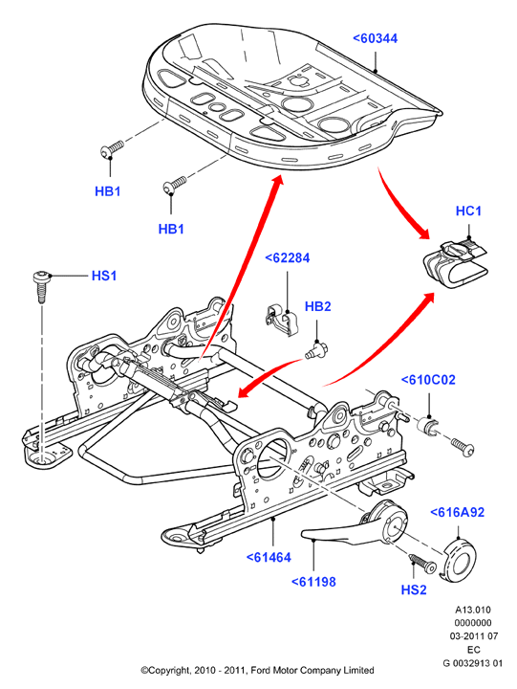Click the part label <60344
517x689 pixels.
[x=376, y=38]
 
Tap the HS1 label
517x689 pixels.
[x=104, y=276]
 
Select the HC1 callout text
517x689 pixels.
[x=468, y=211]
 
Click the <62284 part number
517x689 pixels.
[x=288, y=258]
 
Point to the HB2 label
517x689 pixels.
[x=317, y=307]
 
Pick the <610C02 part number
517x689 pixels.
[x=428, y=380]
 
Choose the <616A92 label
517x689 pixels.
[x=458, y=512]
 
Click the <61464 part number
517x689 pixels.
[x=269, y=558]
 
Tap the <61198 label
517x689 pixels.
[x=313, y=582]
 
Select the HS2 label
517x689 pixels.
[x=414, y=589]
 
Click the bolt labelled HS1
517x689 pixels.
[x=40, y=286]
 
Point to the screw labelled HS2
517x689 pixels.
[x=422, y=564]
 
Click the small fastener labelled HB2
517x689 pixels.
[x=317, y=350]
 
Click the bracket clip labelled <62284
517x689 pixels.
[x=282, y=320]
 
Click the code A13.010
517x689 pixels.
[x=473, y=610]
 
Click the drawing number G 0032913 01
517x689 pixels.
[x=473, y=663]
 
